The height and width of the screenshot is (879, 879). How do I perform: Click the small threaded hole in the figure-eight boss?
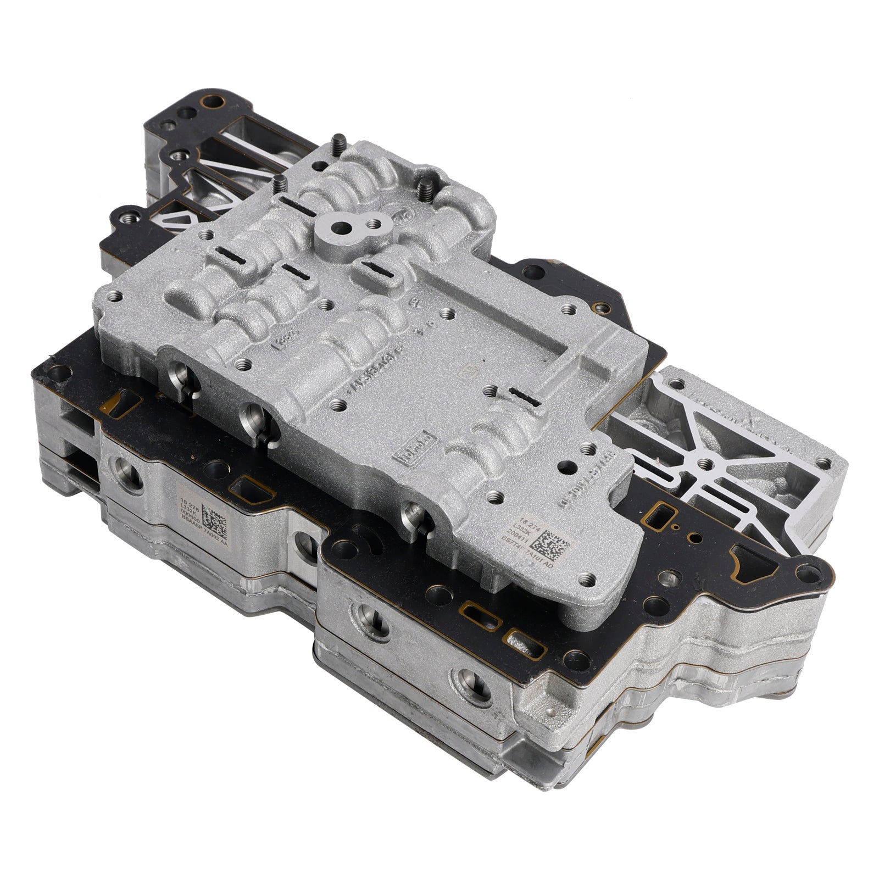pos(374,224)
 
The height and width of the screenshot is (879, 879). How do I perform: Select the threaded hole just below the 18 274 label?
pos(589,578)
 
